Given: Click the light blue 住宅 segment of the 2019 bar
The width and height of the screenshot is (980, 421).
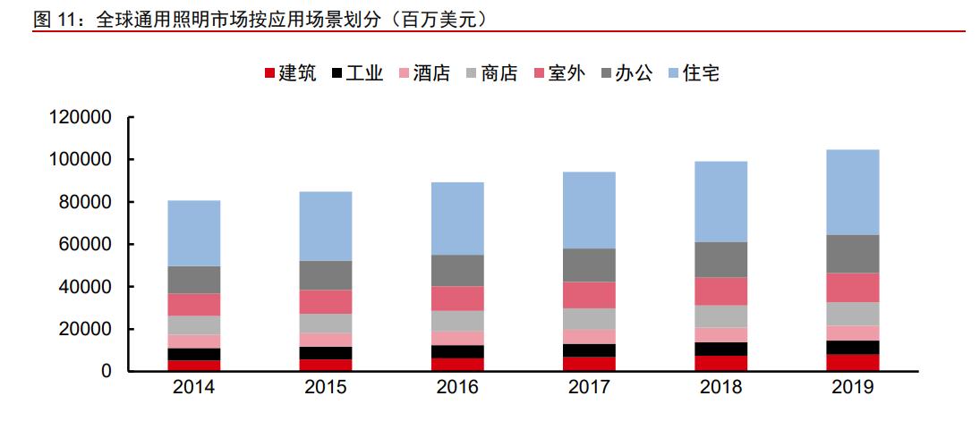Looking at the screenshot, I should [852, 192].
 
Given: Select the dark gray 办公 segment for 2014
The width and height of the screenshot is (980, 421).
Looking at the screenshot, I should [194, 280].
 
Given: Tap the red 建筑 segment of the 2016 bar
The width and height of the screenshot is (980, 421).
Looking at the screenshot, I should [457, 364].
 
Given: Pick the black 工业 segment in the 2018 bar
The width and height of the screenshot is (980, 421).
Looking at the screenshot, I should [720, 349].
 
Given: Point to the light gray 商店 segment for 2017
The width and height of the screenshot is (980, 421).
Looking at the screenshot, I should [589, 319].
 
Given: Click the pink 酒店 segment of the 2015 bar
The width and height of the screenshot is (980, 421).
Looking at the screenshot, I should [326, 340].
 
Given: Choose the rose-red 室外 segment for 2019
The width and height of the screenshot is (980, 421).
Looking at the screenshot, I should [852, 287].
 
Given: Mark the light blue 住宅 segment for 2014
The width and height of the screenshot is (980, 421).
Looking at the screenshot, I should [194, 233].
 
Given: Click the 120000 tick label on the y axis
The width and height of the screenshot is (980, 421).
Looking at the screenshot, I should [80, 117].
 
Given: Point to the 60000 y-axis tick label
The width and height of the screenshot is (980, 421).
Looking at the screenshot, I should [85, 244].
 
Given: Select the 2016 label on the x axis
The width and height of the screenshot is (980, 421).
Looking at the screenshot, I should [457, 389].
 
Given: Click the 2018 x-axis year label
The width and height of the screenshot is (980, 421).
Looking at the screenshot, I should [720, 389].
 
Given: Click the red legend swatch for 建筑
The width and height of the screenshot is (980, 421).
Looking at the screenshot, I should [269, 74].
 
